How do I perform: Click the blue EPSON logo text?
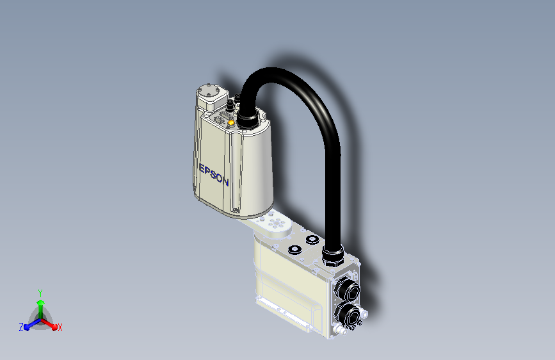point(214,174)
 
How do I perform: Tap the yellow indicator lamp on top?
point(231,122)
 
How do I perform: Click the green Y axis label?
point(40,291)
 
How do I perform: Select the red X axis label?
point(60,327)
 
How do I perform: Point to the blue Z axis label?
point(21,327)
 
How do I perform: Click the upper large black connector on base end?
point(348,290)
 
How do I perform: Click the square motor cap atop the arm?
point(210,93)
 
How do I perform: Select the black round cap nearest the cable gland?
point(312,240)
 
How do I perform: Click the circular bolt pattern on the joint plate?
point(277,223)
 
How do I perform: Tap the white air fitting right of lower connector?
point(365,314)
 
